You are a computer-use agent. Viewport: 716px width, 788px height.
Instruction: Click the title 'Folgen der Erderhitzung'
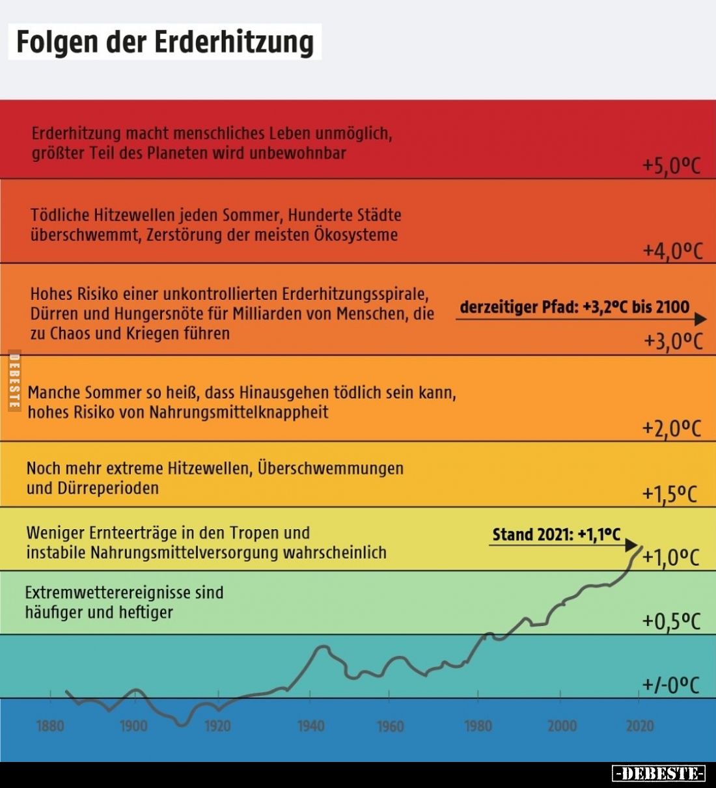point(165,42)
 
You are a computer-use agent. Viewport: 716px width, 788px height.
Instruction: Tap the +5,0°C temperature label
point(671,167)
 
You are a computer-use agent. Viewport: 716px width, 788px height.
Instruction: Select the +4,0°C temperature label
point(672,251)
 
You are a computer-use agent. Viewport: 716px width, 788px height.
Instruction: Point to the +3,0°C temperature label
point(673,341)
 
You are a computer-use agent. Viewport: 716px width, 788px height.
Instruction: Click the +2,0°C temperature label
point(671,428)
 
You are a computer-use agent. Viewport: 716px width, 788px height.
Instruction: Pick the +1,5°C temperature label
point(669,495)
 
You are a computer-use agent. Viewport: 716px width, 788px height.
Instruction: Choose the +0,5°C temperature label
point(671,621)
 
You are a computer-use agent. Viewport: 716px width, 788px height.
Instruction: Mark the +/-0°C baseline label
point(671,685)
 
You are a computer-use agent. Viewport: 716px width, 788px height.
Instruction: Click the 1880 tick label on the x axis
point(50,726)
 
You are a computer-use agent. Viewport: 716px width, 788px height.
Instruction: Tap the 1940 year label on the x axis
point(310,726)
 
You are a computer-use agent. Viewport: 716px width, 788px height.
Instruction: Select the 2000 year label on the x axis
point(562,726)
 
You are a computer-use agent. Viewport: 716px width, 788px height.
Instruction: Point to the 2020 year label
point(640,726)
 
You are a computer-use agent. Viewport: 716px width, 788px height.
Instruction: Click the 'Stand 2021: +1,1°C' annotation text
point(556,535)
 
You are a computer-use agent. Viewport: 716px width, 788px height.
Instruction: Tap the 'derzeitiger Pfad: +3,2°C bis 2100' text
point(574,306)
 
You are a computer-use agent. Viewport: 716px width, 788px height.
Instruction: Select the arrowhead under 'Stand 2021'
point(630,545)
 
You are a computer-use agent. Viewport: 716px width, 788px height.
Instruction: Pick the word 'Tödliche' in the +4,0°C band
point(60,215)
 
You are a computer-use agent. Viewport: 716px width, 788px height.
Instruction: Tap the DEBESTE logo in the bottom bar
point(659,774)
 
